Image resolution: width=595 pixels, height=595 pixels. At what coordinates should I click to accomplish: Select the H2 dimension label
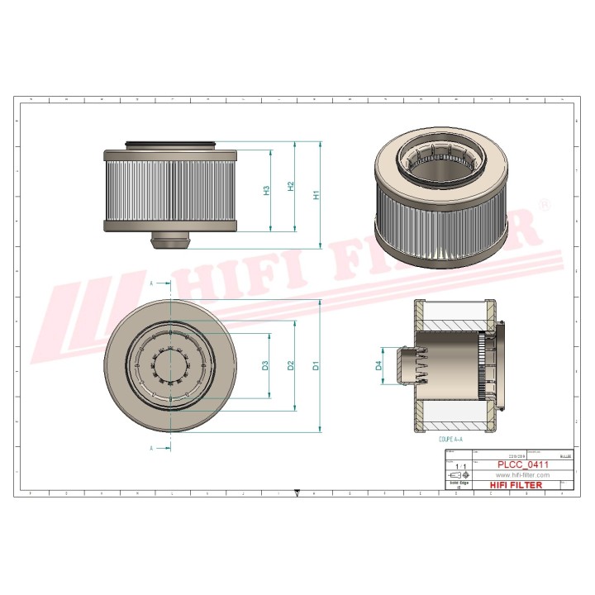tap(291, 188)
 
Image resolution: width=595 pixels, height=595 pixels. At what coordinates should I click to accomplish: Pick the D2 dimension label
tap(291, 365)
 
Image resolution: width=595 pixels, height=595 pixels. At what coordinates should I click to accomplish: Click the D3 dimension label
tap(266, 365)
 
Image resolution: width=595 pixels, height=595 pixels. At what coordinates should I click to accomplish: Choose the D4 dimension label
tap(379, 365)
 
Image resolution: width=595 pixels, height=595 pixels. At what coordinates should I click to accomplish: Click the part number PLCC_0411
tap(521, 465)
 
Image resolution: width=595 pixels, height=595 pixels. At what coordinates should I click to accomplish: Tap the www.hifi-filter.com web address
tap(521, 475)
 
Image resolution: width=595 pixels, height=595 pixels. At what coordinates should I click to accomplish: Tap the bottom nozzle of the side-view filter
tap(171, 240)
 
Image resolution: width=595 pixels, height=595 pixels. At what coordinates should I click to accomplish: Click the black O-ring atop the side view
tap(171, 145)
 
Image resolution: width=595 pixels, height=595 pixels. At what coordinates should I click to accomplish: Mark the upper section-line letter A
tap(151, 283)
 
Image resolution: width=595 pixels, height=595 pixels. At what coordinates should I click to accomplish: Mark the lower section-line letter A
tap(151, 447)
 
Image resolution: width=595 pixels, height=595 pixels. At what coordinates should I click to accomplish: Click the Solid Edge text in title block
tap(459, 485)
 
